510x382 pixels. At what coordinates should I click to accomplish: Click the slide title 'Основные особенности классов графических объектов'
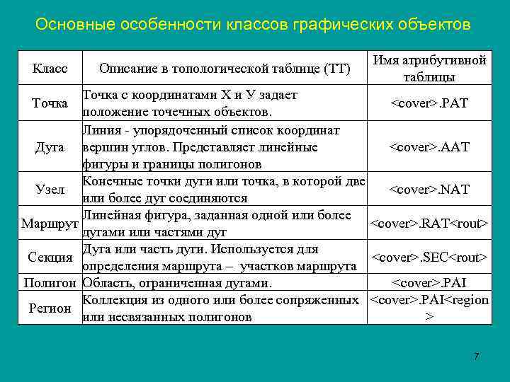point(252,25)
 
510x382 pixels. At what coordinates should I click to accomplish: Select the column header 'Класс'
point(50,69)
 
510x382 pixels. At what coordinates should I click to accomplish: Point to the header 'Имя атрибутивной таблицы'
point(429,69)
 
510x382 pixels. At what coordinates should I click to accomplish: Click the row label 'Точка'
point(50,104)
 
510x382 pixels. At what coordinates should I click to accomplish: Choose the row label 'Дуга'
point(50,147)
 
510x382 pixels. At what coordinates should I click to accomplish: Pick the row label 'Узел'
point(50,189)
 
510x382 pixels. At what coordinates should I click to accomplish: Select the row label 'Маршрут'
point(50,224)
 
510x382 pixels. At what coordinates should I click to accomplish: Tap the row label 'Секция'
point(50,257)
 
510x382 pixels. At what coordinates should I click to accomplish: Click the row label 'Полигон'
point(50,283)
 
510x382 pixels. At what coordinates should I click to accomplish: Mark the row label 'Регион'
point(50,308)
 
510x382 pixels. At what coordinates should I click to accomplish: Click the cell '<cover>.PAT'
point(429,104)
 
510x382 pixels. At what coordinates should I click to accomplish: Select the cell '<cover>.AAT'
point(429,147)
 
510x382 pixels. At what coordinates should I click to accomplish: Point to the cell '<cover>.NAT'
point(429,189)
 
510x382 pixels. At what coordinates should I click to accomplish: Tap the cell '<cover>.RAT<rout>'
point(429,224)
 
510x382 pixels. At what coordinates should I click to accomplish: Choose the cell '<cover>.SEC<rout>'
point(429,257)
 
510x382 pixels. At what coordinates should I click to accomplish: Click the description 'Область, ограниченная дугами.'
point(177,283)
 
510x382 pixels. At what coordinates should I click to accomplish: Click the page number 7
point(477,356)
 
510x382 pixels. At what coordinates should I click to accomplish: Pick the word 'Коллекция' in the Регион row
point(113,300)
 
